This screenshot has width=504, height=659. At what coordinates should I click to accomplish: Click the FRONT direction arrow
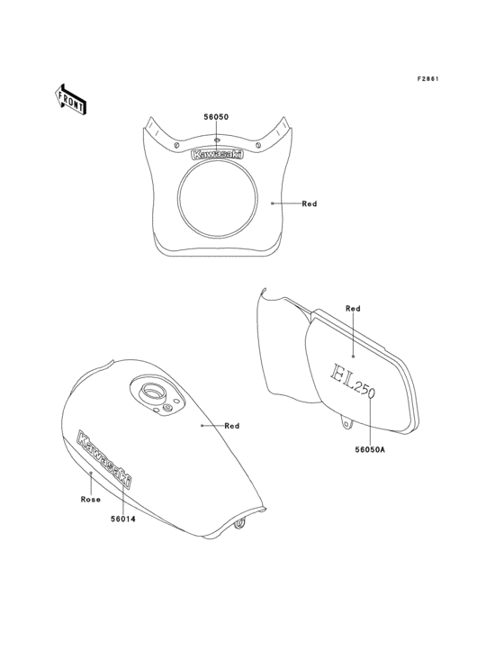tap(71, 99)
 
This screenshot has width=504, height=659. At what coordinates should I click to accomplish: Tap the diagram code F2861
tap(427, 78)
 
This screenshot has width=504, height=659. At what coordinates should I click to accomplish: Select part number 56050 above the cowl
tap(216, 117)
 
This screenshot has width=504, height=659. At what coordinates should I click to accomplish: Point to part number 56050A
tap(370, 449)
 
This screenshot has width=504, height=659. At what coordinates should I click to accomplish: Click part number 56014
tap(123, 519)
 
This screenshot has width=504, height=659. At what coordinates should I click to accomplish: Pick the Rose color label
tap(91, 500)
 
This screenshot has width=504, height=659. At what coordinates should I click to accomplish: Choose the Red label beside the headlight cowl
tap(310, 203)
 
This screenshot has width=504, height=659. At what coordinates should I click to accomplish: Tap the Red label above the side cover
tap(353, 309)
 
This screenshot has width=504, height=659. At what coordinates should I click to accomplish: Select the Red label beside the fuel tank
tap(232, 426)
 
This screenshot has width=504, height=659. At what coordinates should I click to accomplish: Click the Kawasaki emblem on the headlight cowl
tap(217, 155)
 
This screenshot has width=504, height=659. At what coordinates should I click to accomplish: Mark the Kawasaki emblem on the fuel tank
tap(104, 459)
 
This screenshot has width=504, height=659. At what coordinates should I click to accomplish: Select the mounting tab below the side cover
tap(346, 422)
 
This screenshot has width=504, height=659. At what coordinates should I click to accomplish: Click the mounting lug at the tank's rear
tap(239, 524)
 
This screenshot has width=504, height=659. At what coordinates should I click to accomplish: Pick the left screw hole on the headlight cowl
tap(176, 146)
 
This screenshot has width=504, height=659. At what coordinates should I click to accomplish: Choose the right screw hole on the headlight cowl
tap(258, 145)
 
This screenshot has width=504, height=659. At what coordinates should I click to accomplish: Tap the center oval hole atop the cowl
tap(217, 140)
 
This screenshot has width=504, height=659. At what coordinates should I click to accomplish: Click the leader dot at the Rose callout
tap(91, 473)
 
